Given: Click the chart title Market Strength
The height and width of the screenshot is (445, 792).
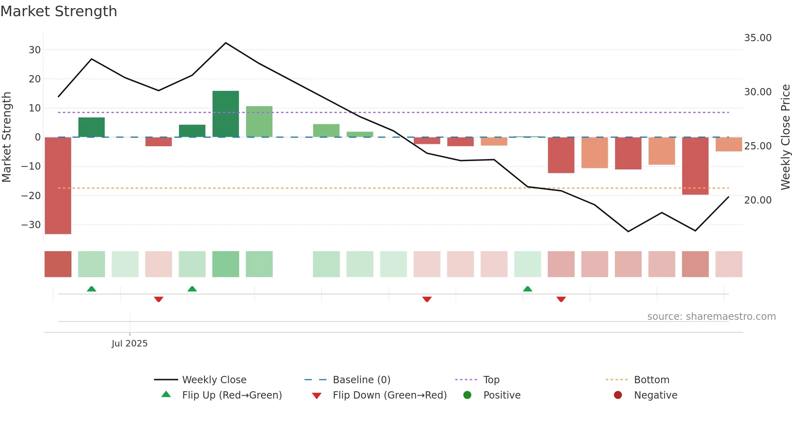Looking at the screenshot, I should pyautogui.click(x=59, y=11).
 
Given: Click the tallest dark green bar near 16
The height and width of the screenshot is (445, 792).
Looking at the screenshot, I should pyautogui.click(x=225, y=114).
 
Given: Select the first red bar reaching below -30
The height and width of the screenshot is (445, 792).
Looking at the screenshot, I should pyautogui.click(x=58, y=185).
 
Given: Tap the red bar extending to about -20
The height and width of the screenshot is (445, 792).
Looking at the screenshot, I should pyautogui.click(x=695, y=166).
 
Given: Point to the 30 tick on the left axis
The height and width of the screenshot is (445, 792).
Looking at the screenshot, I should pyautogui.click(x=35, y=50).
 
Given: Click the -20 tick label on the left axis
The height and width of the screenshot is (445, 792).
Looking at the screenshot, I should pyautogui.click(x=31, y=196).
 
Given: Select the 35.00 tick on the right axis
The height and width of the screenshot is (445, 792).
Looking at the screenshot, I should pyautogui.click(x=758, y=38).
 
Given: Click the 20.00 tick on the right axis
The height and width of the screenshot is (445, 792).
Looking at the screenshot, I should pyautogui.click(x=758, y=200).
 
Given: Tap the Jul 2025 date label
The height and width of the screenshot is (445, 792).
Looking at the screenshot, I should pyautogui.click(x=129, y=344).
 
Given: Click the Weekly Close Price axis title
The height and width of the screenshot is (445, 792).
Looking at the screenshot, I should pyautogui.click(x=785, y=137).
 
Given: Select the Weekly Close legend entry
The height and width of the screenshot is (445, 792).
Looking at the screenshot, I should pyautogui.click(x=214, y=380).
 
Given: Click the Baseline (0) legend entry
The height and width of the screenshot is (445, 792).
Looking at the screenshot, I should pyautogui.click(x=361, y=380).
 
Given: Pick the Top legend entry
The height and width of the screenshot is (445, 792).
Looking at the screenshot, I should pyautogui.click(x=491, y=380).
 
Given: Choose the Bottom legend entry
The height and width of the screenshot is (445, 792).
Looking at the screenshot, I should pyautogui.click(x=651, y=380).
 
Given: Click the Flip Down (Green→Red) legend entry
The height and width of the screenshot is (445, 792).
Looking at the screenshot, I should pyautogui.click(x=389, y=395).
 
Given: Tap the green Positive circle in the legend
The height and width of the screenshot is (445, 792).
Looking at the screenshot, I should pyautogui.click(x=467, y=395).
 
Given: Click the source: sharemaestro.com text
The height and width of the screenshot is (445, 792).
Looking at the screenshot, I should pyautogui.click(x=711, y=317).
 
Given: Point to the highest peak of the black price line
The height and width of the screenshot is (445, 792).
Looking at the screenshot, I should pyautogui.click(x=225, y=43).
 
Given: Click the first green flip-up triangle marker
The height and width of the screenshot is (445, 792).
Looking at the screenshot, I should pyautogui.click(x=91, y=289).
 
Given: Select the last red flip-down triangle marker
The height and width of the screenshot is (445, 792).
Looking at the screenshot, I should pyautogui.click(x=561, y=299).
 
